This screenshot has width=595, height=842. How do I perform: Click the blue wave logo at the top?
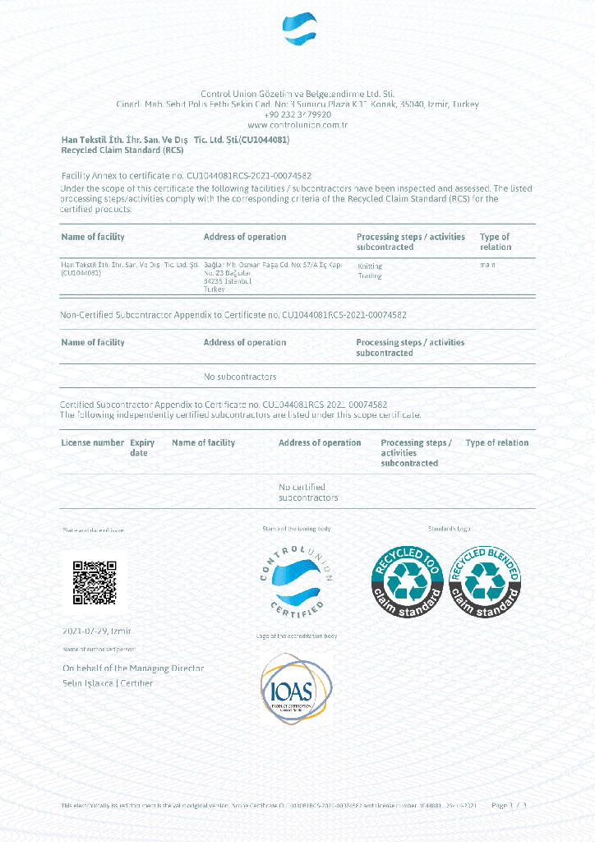coord(299,30)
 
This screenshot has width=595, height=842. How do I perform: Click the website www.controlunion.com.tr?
coord(297,125)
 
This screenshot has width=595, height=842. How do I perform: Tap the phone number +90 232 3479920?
coord(297,114)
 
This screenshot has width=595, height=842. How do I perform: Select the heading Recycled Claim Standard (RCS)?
coord(122,150)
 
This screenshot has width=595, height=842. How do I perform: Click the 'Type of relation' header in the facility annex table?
coord(496,242)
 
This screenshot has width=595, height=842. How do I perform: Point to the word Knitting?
coord(371,266)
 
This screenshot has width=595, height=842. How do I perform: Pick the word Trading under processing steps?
coord(370,276)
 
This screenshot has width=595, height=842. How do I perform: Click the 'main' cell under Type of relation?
coord(488,265)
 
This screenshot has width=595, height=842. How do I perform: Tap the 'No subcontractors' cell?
coord(240,377)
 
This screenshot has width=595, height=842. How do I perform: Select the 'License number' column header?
coord(93,442)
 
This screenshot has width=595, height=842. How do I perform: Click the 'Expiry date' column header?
coord(142,447)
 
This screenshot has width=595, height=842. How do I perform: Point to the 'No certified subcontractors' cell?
coord(308,493)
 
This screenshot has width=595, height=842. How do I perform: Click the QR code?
coord(95,582)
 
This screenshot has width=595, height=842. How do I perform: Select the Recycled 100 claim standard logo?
coord(408,582)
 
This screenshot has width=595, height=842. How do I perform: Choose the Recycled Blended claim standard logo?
coord(485,582)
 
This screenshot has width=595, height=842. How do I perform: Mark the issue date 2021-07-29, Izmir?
coord(97,631)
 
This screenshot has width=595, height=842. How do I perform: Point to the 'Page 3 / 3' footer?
coord(508,805)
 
